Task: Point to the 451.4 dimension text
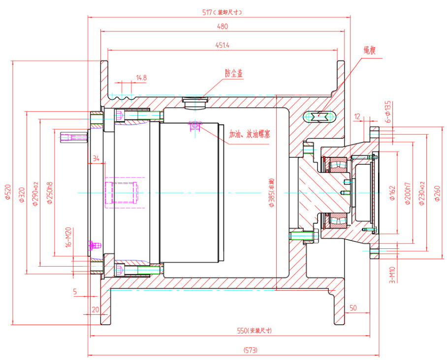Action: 223,45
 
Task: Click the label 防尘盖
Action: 234,73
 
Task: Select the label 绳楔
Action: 370,51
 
